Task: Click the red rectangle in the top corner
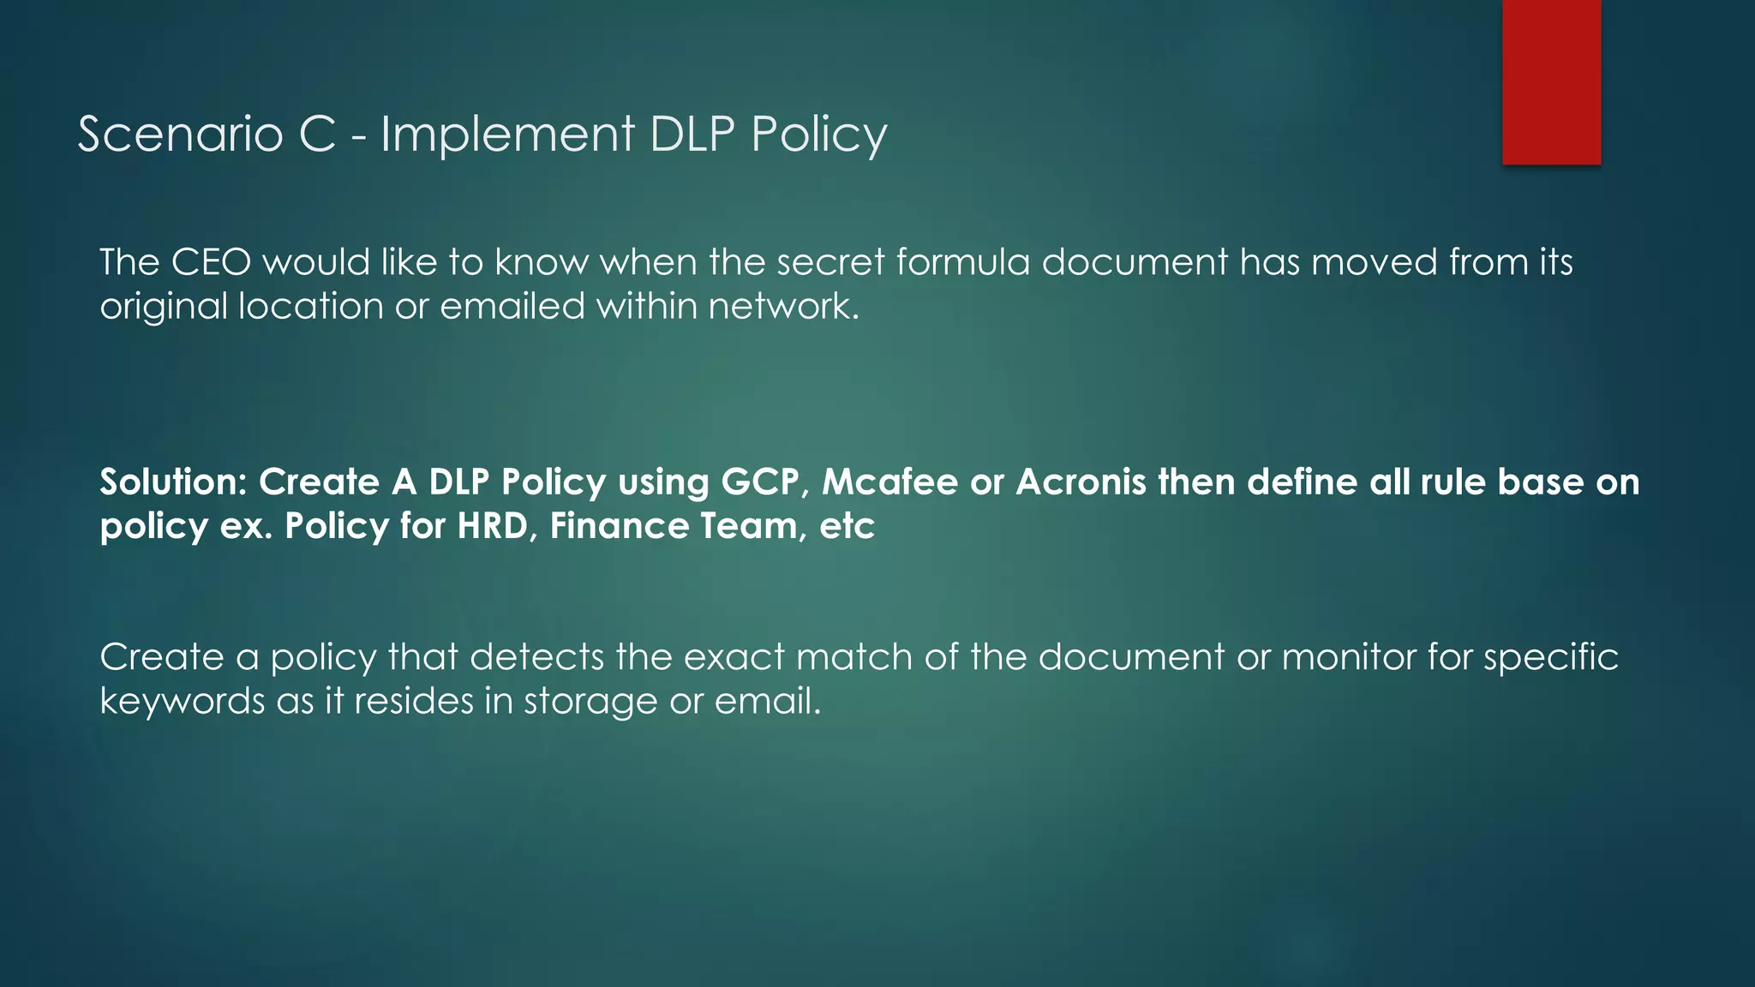1551,81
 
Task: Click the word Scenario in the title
180,135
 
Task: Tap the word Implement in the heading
507,135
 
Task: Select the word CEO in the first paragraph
211,262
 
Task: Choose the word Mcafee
889,482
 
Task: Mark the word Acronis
1081,482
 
